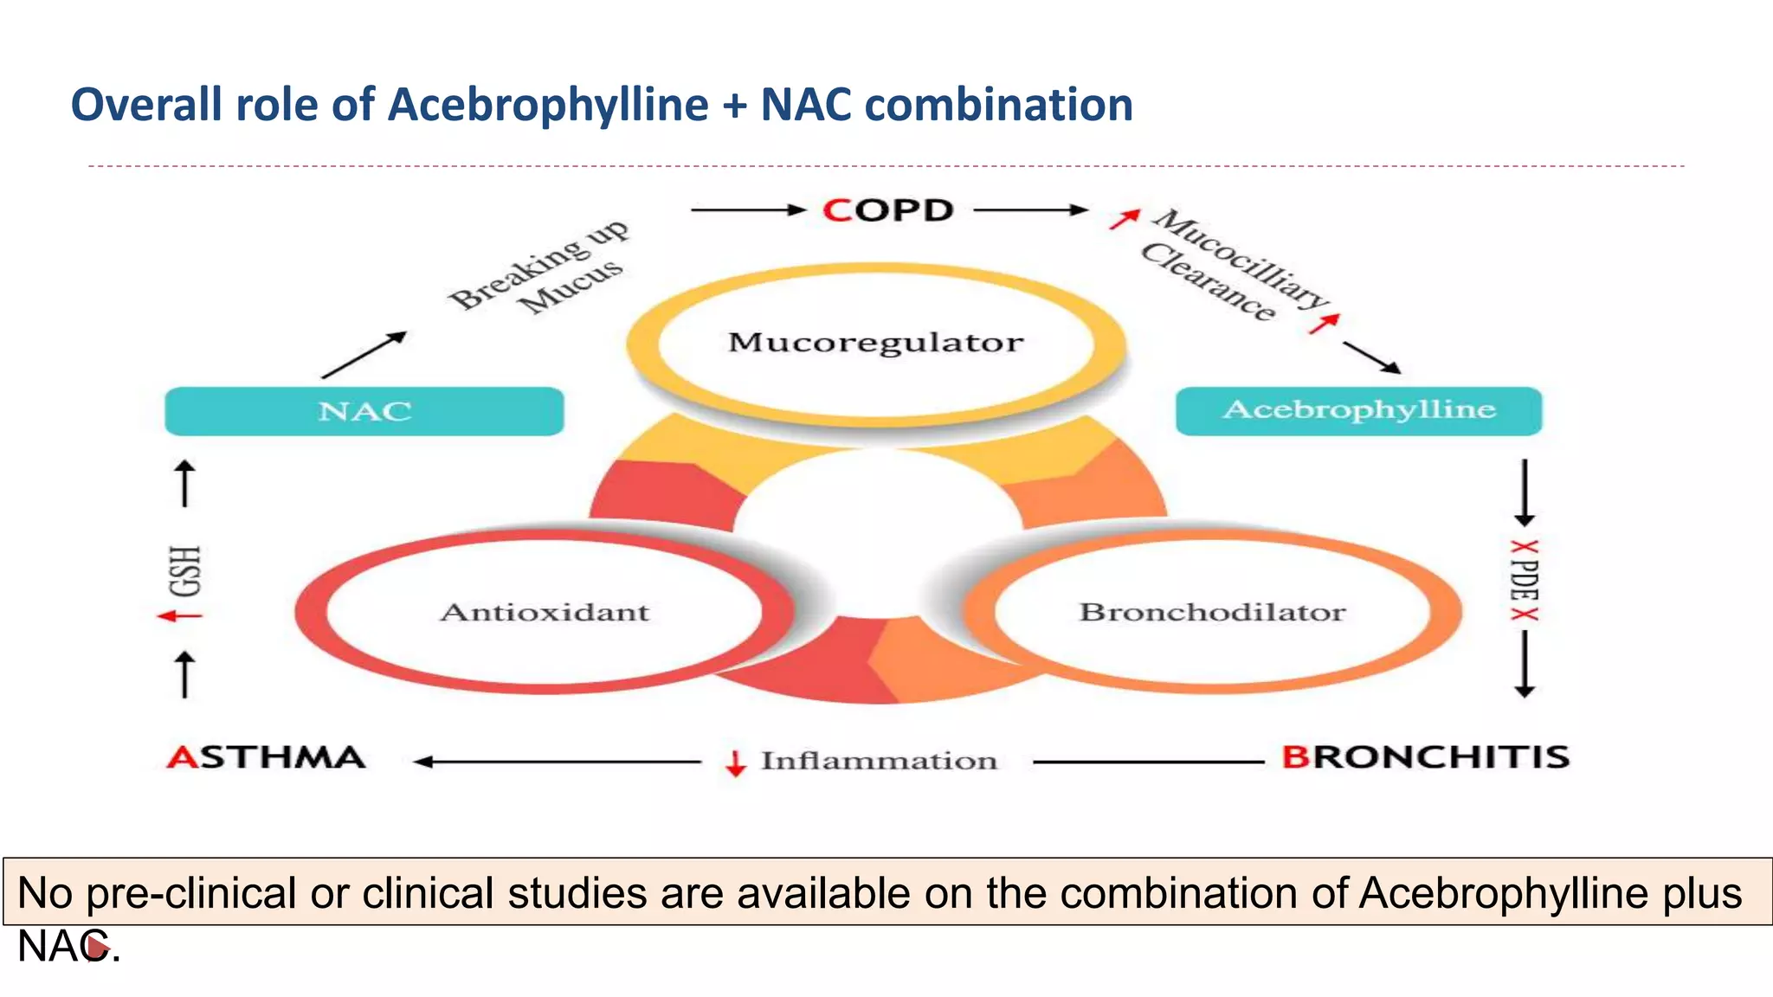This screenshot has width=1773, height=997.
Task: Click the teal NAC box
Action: pyautogui.click(x=364, y=411)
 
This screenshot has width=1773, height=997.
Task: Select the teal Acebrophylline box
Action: pyautogui.click(x=1358, y=410)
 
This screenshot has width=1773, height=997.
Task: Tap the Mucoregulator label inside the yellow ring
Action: pyautogui.click(x=875, y=342)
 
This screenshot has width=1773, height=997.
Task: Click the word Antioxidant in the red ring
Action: pyautogui.click(x=545, y=612)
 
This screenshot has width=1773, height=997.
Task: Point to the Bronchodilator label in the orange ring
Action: pyautogui.click(x=1212, y=612)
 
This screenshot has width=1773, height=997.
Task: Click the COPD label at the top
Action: pyautogui.click(x=888, y=210)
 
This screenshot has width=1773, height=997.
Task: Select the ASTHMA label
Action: pyautogui.click(x=267, y=757)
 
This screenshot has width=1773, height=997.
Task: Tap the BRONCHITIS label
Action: pyautogui.click(x=1425, y=757)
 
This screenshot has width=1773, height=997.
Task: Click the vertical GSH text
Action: pyautogui.click(x=185, y=571)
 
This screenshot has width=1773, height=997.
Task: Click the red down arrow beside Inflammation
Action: pyautogui.click(x=736, y=762)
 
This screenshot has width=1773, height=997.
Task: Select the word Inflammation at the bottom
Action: pyautogui.click(x=879, y=761)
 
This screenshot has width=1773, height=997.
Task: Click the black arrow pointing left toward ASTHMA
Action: pyautogui.click(x=554, y=762)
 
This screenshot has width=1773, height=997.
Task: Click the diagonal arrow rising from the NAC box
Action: pyautogui.click(x=363, y=355)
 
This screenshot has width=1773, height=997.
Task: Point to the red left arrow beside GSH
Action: pyautogui.click(x=179, y=616)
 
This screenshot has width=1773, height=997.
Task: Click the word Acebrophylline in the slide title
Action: pyautogui.click(x=548, y=105)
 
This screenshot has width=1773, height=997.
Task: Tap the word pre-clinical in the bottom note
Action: pyautogui.click(x=191, y=893)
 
